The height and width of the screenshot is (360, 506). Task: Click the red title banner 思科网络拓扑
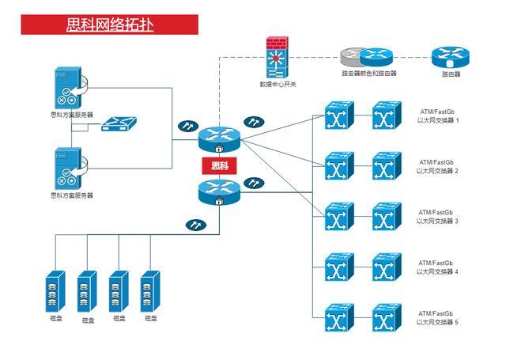pyautogui.click(x=110, y=25)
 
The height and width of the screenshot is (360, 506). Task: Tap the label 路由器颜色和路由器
pyautogui.click(x=368, y=74)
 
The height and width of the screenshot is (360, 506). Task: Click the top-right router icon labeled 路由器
pyautogui.click(x=451, y=58)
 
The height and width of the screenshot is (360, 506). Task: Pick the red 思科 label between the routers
pyautogui.click(x=218, y=166)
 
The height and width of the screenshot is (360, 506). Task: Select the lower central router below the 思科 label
pyautogui.click(x=218, y=191)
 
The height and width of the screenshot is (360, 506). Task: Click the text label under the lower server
pyautogui.click(x=71, y=195)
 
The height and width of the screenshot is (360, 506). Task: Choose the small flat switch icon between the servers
pyautogui.click(x=119, y=123)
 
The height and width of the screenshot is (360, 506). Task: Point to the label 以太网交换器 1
pyautogui.click(x=438, y=120)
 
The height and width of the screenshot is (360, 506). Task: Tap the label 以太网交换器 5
pyautogui.click(x=438, y=322)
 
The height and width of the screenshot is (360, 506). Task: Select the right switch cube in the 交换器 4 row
pyautogui.click(x=387, y=268)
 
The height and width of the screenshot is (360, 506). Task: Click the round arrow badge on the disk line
pyautogui.click(x=194, y=225)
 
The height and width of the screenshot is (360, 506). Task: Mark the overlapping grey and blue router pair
pyautogui.click(x=367, y=57)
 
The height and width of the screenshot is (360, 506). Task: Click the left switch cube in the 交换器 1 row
pyautogui.click(x=338, y=117)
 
